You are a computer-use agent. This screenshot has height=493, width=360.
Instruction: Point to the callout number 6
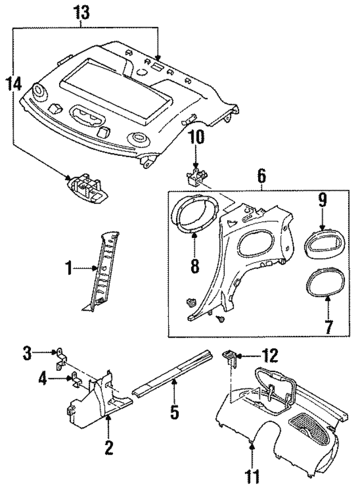pos(262,176)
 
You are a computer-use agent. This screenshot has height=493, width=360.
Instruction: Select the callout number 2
pos(109,448)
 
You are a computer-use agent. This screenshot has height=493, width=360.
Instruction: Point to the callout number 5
pos(174,412)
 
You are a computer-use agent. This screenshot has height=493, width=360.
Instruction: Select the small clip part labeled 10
pos(195,177)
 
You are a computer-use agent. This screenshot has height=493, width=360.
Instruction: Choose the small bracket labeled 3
pos(61,358)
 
